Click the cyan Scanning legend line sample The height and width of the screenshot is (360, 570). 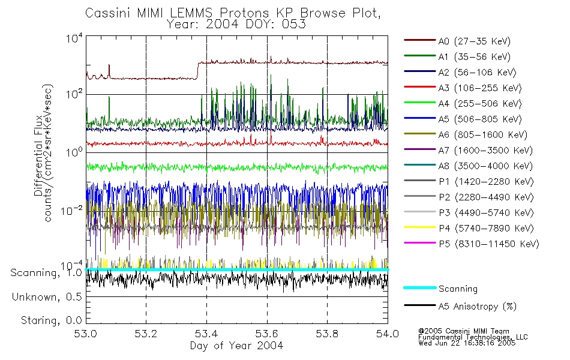coord(419,289)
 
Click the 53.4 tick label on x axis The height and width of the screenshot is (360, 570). coord(206,334)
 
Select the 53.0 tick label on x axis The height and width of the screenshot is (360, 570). coord(86,334)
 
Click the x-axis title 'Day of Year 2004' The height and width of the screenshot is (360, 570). coord(236,346)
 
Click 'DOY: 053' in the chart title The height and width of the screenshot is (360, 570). coord(280,24)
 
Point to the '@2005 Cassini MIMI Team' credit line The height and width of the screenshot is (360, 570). coord(464,331)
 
